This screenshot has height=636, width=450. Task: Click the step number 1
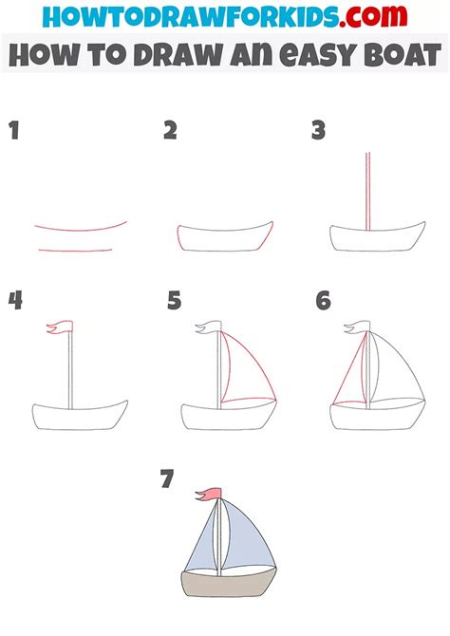click(x=14, y=130)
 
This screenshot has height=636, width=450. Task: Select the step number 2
click(x=170, y=130)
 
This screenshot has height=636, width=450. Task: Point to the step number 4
click(x=15, y=301)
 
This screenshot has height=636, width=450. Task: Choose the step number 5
click(x=174, y=301)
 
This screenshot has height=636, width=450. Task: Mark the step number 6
click(x=324, y=301)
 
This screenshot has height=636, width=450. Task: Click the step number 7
click(x=167, y=480)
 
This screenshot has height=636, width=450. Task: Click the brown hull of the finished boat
click(x=226, y=586)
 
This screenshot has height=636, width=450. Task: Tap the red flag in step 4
click(x=56, y=328)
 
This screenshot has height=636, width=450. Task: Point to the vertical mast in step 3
click(x=365, y=190)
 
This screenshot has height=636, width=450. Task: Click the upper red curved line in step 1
click(x=81, y=229)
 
